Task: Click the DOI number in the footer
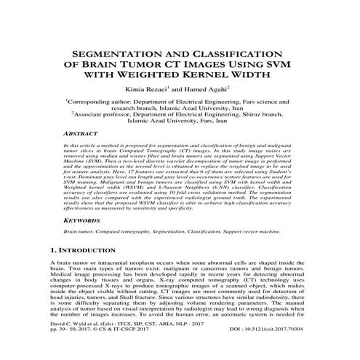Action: (273, 350)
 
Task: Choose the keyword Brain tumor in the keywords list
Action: (77, 231)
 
